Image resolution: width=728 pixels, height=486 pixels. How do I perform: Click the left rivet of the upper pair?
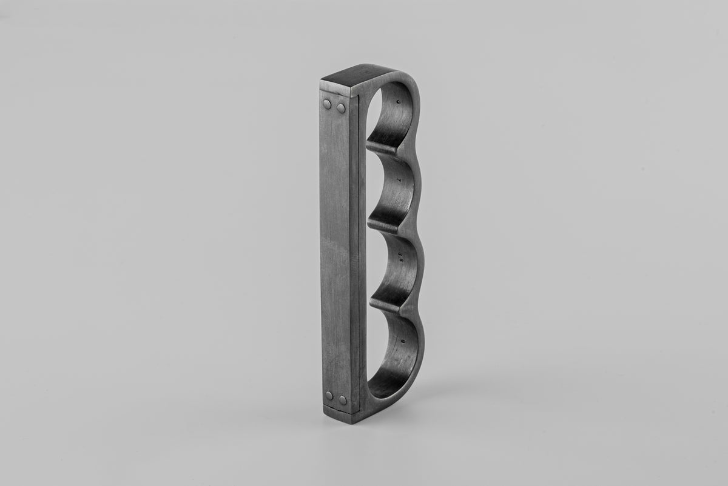(328, 105)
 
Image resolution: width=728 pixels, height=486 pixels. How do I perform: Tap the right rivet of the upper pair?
(341, 108)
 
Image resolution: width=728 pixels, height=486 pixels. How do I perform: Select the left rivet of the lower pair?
(329, 396)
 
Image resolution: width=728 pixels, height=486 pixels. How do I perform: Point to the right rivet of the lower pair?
(343, 400)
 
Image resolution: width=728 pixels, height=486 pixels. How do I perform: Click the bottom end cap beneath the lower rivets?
(340, 413)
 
